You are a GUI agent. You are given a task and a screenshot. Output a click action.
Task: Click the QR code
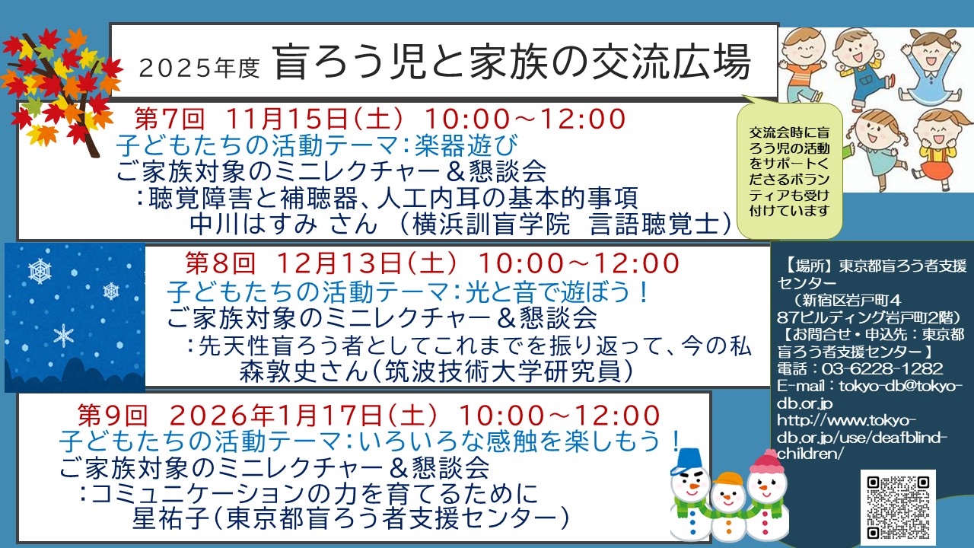pyautogui.click(x=898, y=507)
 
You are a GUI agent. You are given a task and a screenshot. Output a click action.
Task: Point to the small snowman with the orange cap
pyautogui.click(x=728, y=509)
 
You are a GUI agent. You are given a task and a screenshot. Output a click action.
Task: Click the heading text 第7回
pyautogui.click(x=169, y=118)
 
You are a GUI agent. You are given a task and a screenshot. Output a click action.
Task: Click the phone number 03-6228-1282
pyautogui.click(x=882, y=369)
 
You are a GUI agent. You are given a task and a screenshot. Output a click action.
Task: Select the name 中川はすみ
pyautogui.click(x=254, y=224)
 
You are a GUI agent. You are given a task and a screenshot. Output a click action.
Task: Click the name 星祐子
pyautogui.click(x=172, y=518)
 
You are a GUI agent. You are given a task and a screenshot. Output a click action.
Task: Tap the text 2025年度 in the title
pyautogui.click(x=199, y=68)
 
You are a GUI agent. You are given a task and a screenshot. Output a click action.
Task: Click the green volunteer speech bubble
pyautogui.click(x=789, y=170)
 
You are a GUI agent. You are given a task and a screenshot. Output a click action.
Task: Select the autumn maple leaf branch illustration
pyautogui.click(x=61, y=89)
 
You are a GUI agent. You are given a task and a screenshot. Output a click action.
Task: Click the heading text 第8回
pyautogui.click(x=220, y=263)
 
